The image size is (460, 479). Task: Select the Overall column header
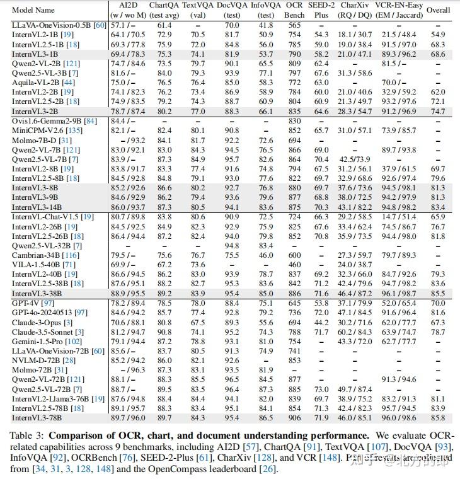[439, 11]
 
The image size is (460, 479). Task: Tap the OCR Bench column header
[294, 11]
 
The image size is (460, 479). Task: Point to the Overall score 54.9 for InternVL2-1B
[439, 34]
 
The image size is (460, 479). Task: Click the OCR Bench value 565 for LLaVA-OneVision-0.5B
[294, 25]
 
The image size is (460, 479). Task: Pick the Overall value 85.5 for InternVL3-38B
[439, 293]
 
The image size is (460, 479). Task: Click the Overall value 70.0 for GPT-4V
[439, 303]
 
